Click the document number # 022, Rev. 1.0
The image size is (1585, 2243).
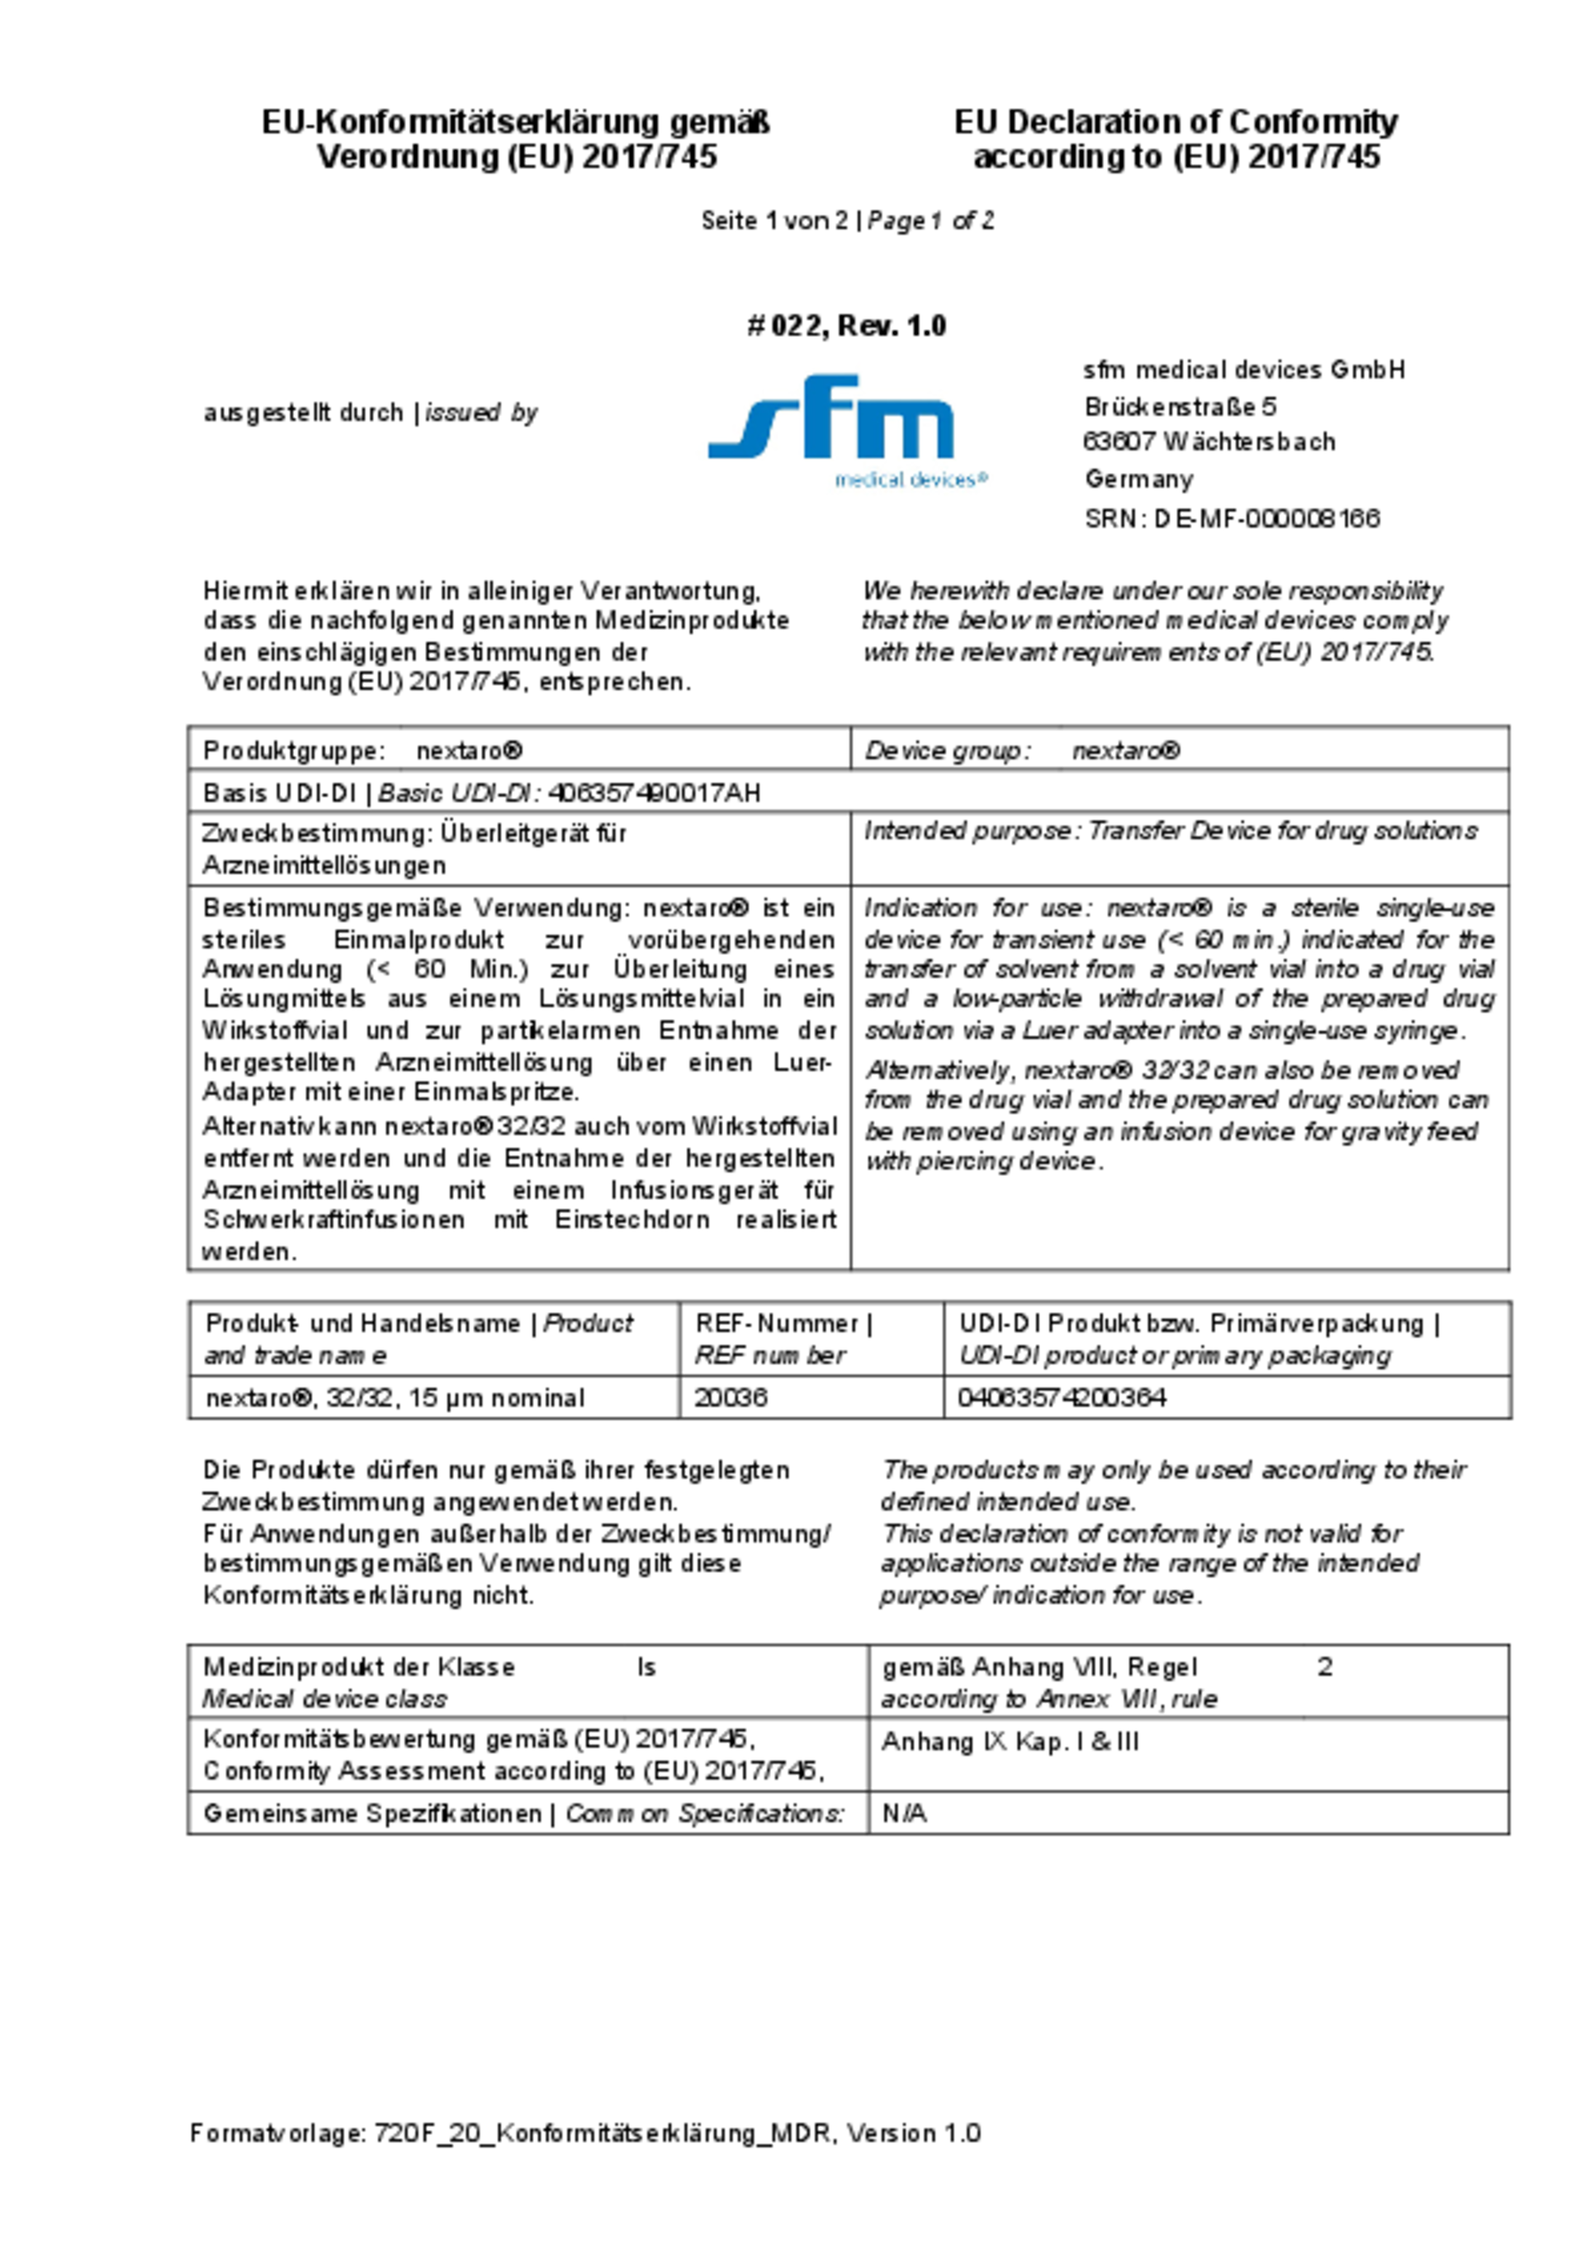tap(846, 326)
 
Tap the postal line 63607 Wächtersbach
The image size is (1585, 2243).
tap(1209, 442)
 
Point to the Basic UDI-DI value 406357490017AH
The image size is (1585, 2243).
tap(654, 793)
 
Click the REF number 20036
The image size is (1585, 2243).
tap(730, 1398)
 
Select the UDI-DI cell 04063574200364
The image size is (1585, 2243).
tap(1062, 1398)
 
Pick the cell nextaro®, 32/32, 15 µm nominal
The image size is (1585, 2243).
tap(395, 1398)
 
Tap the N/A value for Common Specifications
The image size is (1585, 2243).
tap(904, 1814)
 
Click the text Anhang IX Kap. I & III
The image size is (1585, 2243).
tap(1010, 1743)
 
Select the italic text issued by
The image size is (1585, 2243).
tap(482, 413)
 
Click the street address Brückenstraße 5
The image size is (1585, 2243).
tap(1180, 406)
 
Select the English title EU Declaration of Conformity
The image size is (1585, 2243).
tap(1176, 123)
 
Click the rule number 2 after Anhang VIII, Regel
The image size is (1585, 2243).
tap(1324, 1668)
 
